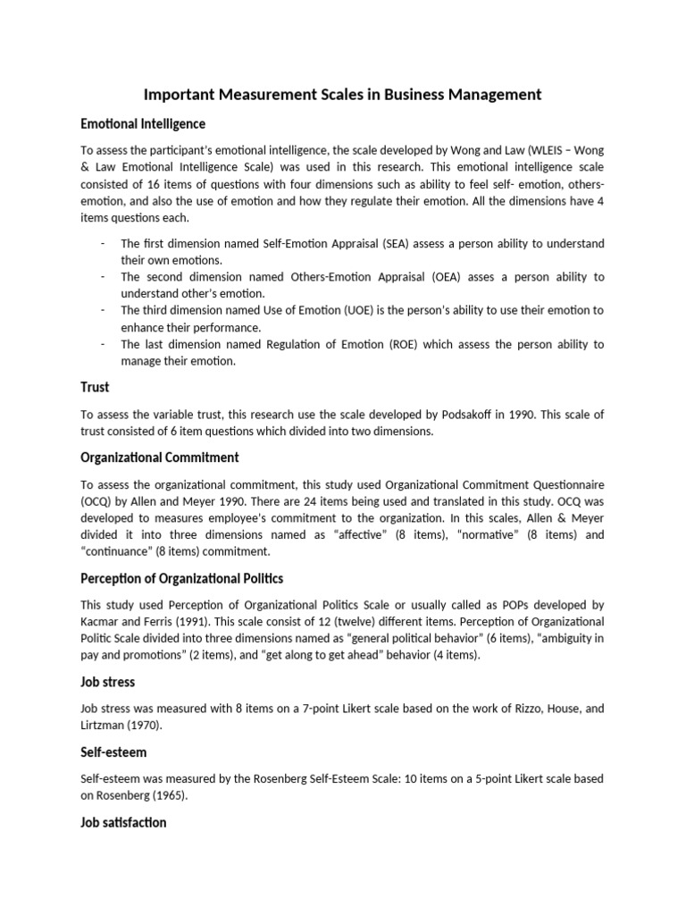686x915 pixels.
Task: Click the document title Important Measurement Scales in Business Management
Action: (343, 94)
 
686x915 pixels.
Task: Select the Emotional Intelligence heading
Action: (143, 124)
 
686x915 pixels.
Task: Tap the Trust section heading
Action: (95, 388)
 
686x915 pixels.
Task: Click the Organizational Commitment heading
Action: (160, 457)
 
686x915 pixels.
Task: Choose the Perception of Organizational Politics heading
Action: (181, 578)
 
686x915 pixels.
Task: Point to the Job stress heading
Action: (108, 682)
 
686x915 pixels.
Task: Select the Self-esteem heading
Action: (113, 752)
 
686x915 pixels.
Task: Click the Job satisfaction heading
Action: (123, 822)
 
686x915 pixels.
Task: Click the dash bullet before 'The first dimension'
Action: (104, 244)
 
